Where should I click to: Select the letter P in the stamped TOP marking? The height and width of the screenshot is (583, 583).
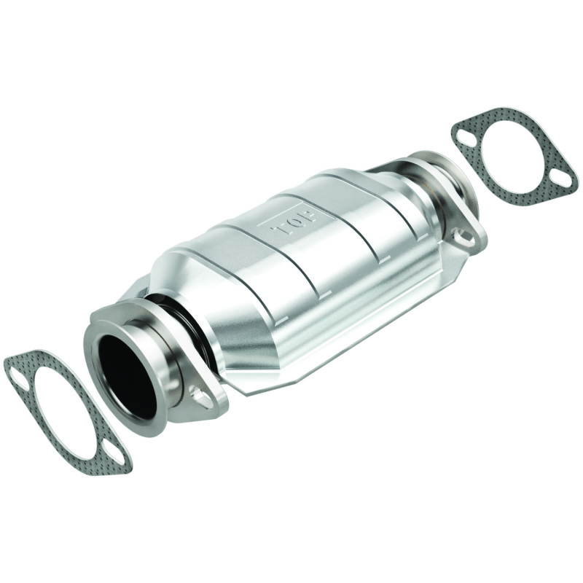(x=307, y=216)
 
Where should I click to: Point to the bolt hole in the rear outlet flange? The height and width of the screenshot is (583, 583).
(x=461, y=235)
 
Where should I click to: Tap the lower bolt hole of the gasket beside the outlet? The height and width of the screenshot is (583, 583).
(x=560, y=175)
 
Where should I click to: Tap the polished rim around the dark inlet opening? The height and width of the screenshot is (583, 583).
(x=98, y=343)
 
